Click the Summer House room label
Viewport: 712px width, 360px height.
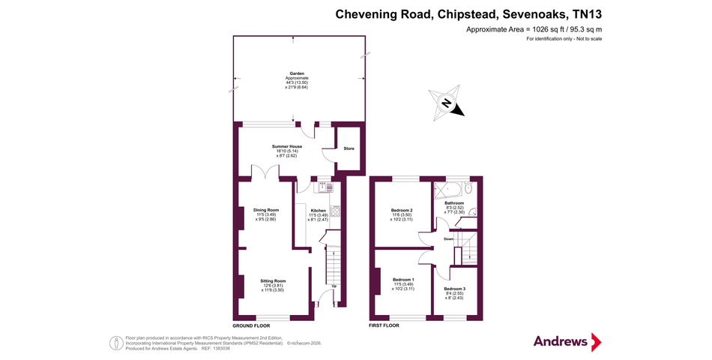pyautogui.click(x=286, y=146)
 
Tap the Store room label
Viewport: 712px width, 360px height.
pyautogui.click(x=349, y=148)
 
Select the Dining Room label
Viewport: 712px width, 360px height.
pyautogui.click(x=266, y=210)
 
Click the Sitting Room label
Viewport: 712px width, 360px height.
pyautogui.click(x=273, y=280)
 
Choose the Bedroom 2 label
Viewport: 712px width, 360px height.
pyautogui.click(x=402, y=210)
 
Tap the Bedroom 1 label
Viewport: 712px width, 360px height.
pyautogui.click(x=402, y=279)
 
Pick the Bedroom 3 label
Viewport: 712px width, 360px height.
pyautogui.click(x=454, y=289)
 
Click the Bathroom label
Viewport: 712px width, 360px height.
pyautogui.click(x=454, y=203)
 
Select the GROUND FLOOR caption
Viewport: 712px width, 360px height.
pyautogui.click(x=251, y=326)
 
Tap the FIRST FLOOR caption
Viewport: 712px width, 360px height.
pyautogui.click(x=384, y=326)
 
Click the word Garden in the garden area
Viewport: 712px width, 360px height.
pyautogui.click(x=297, y=73)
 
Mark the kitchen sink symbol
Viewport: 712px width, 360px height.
pyautogui.click(x=323, y=187)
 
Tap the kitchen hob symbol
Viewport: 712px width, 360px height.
pyautogui.click(x=334, y=213)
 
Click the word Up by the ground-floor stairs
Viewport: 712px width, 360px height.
pyautogui.click(x=334, y=286)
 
